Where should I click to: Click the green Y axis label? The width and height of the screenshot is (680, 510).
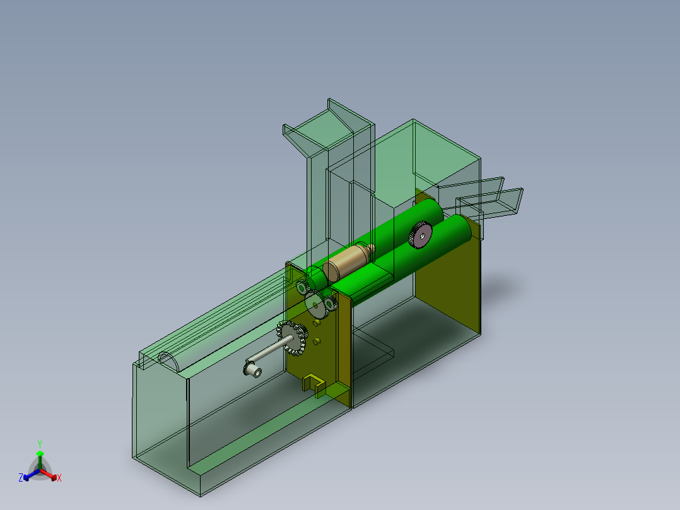40,444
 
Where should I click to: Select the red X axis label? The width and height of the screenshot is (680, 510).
59,478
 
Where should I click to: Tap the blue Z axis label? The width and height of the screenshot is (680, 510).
21,478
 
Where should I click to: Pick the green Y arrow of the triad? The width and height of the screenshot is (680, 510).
40,456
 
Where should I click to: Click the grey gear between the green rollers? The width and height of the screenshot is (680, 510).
419,235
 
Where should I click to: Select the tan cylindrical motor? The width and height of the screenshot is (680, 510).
346,261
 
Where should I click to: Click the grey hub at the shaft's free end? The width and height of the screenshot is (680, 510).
253,369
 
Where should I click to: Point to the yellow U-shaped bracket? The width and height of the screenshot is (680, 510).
314,384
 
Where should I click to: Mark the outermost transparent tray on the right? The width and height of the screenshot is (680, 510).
498,202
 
